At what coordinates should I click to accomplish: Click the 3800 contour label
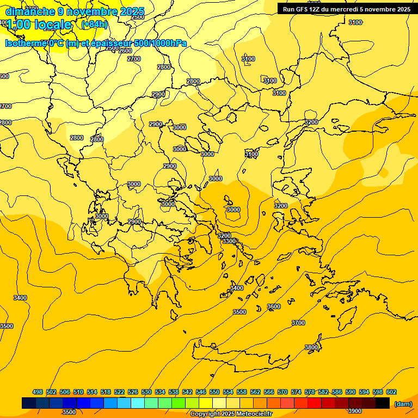pos(311,347)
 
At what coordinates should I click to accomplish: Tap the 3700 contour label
pos(298,323)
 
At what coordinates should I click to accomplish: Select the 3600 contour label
pos(274,306)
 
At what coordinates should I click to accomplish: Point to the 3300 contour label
pos(229,241)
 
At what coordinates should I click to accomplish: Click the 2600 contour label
pos(125,51)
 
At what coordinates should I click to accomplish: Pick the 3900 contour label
pos(354,411)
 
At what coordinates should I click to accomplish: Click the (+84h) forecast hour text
pos(95,24)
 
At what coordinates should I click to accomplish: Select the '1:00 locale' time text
pos(39,24)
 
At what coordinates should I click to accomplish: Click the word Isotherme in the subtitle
pos(26,43)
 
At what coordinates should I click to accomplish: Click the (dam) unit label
pos(403,403)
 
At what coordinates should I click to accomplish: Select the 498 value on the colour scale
pos(38,392)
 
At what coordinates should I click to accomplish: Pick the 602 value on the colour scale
pos(391,392)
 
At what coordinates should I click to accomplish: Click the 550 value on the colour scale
pos(214,392)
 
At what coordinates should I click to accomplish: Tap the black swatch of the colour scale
pos(382,403)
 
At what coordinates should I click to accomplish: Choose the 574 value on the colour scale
pos(296,392)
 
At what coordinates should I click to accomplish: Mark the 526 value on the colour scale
pos(133,392)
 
